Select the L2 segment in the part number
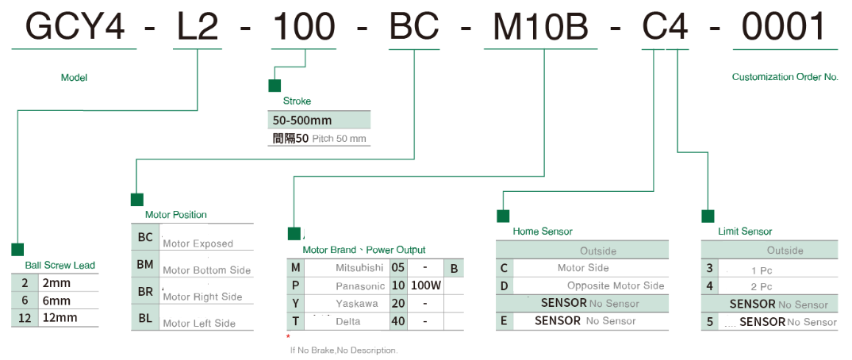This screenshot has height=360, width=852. tap(198, 27)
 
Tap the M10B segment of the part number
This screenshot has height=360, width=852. tap(541, 27)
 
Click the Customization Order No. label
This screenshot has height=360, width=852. tap(785, 77)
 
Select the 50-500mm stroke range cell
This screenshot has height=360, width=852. tap(319, 120)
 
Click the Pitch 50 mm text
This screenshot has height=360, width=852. tap(339, 139)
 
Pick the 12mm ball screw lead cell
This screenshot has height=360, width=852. tap(68, 318)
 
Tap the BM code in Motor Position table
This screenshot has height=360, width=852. tap(145, 265)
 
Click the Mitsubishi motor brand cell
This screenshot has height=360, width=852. tap(359, 268)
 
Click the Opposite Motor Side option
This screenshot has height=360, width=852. tap(616, 285)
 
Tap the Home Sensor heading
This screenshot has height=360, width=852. tap(543, 232)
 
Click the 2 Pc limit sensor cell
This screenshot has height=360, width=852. tap(762, 287)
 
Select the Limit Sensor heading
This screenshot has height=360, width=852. tap(745, 232)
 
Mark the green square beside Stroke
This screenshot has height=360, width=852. tap(274, 86)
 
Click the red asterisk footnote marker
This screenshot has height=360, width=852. tap(288, 337)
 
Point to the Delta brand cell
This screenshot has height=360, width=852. tap(348, 321)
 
